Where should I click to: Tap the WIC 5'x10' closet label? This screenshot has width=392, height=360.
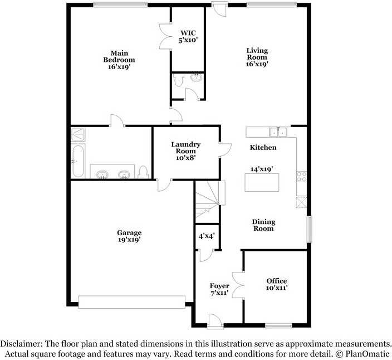point(188,36)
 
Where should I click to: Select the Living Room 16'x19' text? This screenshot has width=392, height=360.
point(257,57)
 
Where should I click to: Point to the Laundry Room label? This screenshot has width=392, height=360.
point(185,151)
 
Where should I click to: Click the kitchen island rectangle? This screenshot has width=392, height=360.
point(262,182)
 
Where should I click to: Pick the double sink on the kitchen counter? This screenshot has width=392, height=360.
point(277,132)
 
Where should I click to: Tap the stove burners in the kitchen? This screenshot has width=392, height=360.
point(302,177)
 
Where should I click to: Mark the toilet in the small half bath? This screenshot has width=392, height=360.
point(178,81)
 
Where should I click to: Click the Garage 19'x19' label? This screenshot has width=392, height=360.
point(129,236)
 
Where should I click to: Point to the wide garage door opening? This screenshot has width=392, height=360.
point(131,301)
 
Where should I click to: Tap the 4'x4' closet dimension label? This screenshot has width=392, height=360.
point(207,236)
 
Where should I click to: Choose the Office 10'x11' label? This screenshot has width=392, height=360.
point(276,284)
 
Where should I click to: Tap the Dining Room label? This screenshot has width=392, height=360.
point(263,225)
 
